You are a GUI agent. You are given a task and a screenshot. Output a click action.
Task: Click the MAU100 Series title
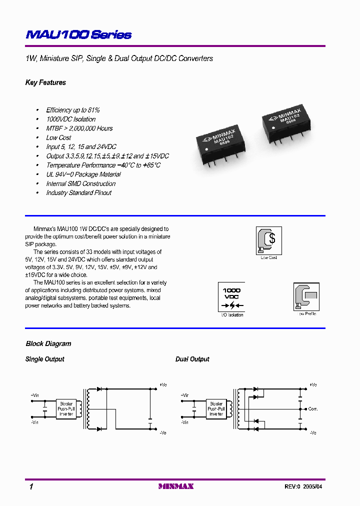[78, 34]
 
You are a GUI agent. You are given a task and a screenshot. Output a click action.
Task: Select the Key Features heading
[45, 82]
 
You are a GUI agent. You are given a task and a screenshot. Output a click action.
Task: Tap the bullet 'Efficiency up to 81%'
[73, 110]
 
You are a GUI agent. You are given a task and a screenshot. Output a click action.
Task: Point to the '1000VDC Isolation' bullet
[70, 119]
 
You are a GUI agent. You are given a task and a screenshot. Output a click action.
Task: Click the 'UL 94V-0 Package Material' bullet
[83, 174]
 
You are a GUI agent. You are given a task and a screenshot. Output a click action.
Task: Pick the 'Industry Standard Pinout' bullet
[78, 193]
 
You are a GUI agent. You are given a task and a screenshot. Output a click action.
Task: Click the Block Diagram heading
[48, 344]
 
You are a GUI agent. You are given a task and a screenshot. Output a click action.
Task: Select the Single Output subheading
[45, 359]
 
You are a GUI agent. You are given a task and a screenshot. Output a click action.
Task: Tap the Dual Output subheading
[192, 359]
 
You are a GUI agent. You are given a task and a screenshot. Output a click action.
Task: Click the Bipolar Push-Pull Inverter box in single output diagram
[66, 408]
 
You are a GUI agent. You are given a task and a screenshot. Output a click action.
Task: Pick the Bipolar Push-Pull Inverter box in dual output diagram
[216, 408]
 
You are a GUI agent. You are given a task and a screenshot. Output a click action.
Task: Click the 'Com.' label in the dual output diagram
[313, 409]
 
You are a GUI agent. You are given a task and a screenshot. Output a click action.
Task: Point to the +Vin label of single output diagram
[35, 395]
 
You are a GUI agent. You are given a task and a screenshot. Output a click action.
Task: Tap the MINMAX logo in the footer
[175, 486]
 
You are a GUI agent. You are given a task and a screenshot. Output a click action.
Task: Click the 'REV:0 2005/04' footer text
[306, 486]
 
